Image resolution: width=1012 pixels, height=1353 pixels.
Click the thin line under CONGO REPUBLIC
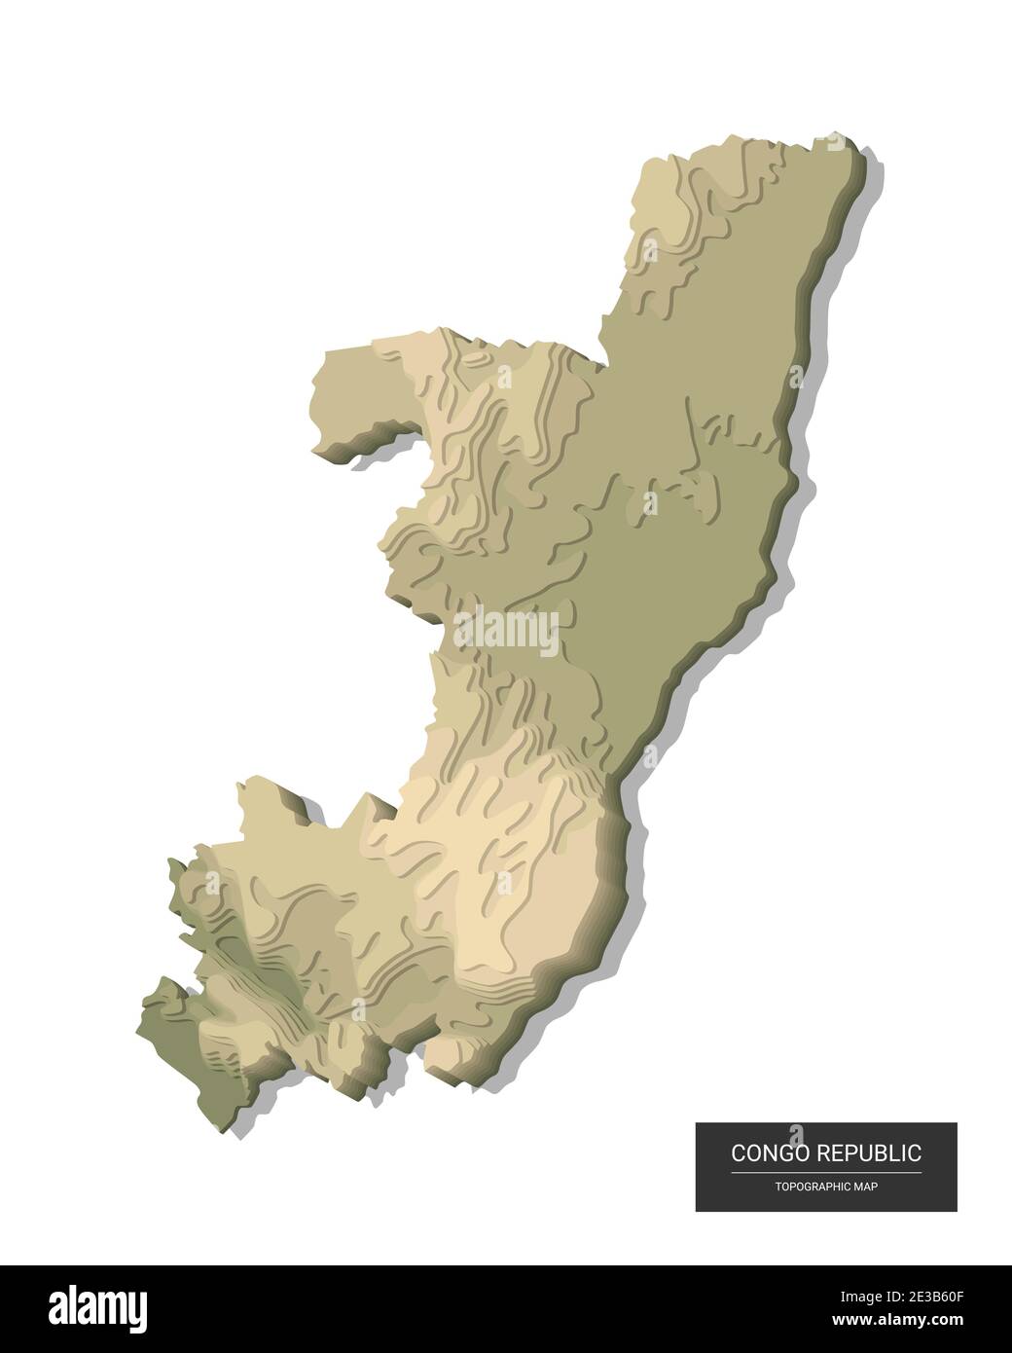[826, 1173]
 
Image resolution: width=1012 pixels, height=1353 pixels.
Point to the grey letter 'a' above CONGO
[798, 1130]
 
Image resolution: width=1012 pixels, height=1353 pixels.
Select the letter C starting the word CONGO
[739, 1154]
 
